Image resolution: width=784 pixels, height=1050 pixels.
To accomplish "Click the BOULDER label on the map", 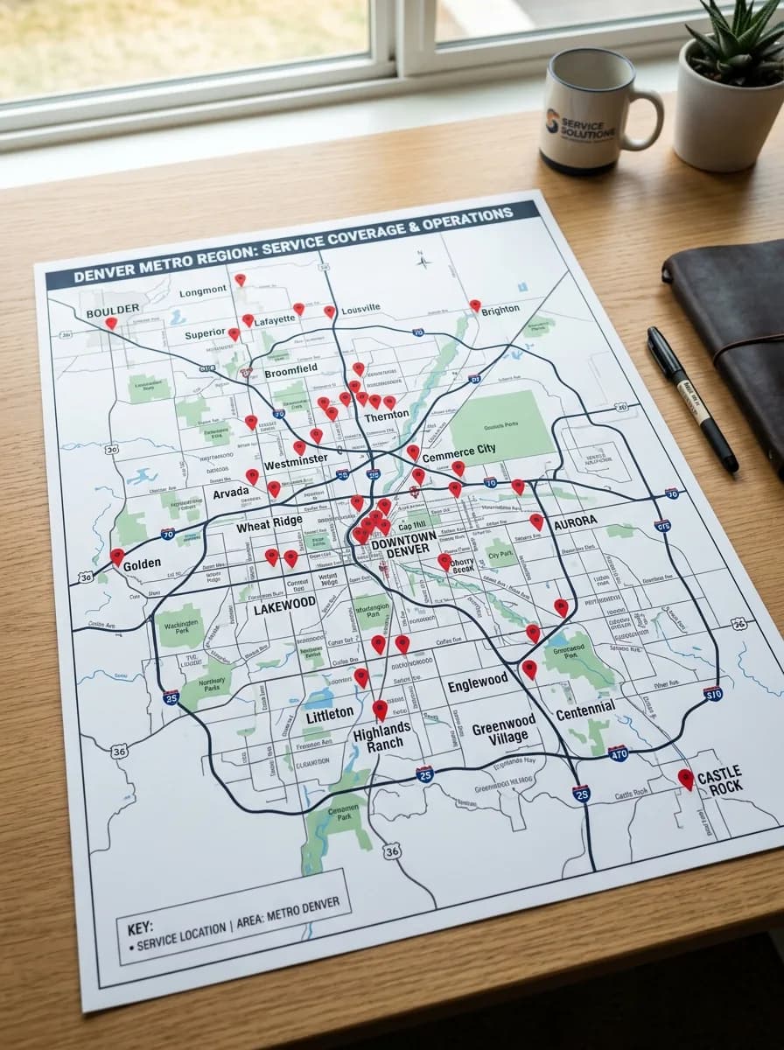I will point(112,310).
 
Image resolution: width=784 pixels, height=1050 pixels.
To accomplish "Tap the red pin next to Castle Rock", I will point(685,777).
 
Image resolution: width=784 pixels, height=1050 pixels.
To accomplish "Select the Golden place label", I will point(142,565).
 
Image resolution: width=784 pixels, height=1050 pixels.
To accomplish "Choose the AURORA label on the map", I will point(575,521).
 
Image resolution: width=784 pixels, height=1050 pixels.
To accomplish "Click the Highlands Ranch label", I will point(381,736).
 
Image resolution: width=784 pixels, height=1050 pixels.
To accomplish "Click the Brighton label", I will point(500,309).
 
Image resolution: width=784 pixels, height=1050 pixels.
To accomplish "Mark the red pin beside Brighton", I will point(474,305).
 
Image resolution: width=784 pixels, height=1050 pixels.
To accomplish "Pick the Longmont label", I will point(203,291).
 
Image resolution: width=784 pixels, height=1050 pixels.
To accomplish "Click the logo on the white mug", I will point(553,121).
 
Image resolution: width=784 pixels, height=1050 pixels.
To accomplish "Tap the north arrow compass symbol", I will point(422,260).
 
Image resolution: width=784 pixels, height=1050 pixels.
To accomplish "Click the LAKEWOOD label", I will point(284,605).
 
